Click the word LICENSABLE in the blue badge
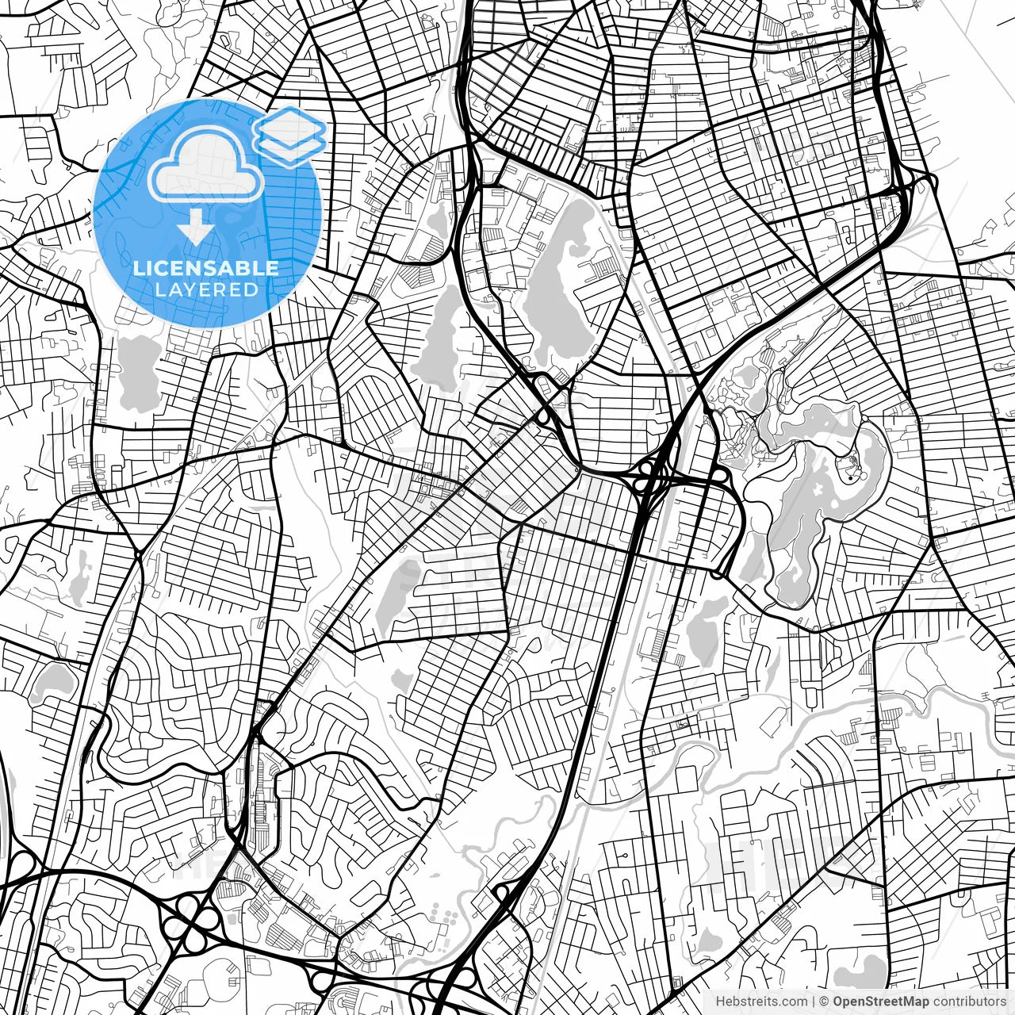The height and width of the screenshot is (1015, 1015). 206,268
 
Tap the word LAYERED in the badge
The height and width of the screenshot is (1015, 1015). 206,289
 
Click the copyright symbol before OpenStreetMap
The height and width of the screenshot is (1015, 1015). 824,1002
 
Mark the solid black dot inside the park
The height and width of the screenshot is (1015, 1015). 848,479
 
